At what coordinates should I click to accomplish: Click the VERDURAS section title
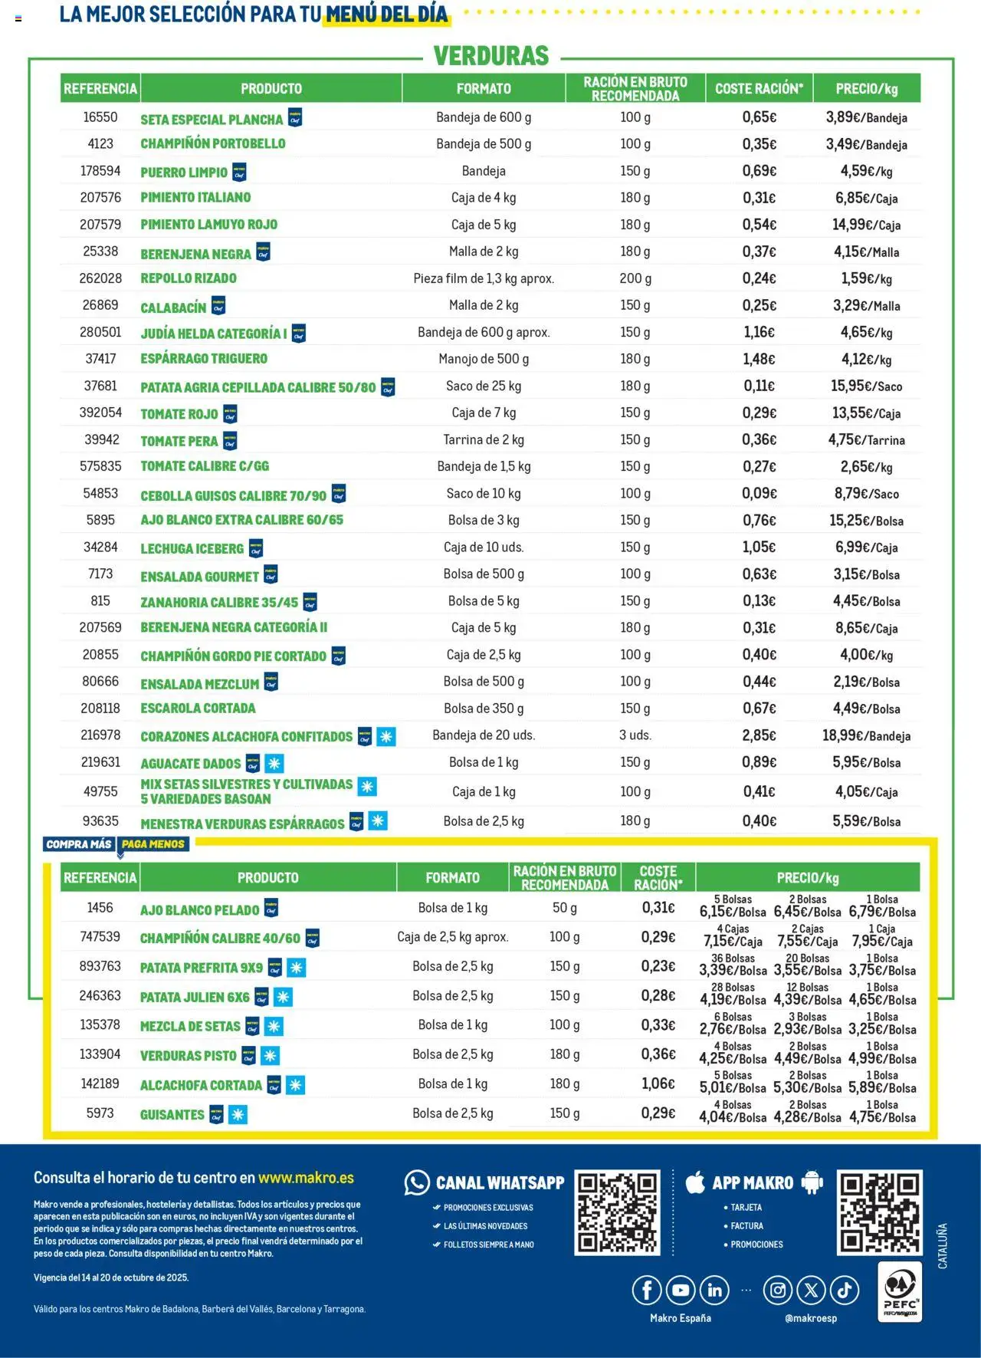tap(491, 56)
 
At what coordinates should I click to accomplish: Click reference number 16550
tap(100, 117)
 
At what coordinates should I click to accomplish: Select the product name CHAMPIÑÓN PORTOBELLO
tap(212, 143)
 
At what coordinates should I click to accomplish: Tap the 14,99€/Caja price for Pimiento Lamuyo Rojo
tap(866, 225)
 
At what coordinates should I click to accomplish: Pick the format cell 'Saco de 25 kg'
tap(484, 386)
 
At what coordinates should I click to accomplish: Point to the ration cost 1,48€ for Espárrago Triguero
tap(759, 359)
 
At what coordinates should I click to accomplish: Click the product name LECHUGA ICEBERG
tap(192, 548)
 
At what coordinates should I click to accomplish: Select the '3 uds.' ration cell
tap(635, 735)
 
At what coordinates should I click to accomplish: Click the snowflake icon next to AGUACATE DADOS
tap(274, 763)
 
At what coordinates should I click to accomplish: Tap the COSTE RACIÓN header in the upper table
tap(759, 89)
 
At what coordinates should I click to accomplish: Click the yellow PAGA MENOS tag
tap(153, 844)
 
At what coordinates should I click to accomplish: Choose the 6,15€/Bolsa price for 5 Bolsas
tap(733, 912)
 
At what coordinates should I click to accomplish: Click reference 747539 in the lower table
tap(100, 937)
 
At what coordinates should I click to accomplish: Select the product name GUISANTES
tap(172, 1114)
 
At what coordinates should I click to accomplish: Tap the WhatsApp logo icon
tap(417, 1182)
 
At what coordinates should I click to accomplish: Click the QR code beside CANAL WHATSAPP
tap(617, 1212)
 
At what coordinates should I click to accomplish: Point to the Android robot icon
tap(812, 1182)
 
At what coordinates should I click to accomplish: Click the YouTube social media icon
tap(681, 1291)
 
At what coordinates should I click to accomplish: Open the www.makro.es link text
tap(306, 1178)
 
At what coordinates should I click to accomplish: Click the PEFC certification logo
tap(899, 1291)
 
